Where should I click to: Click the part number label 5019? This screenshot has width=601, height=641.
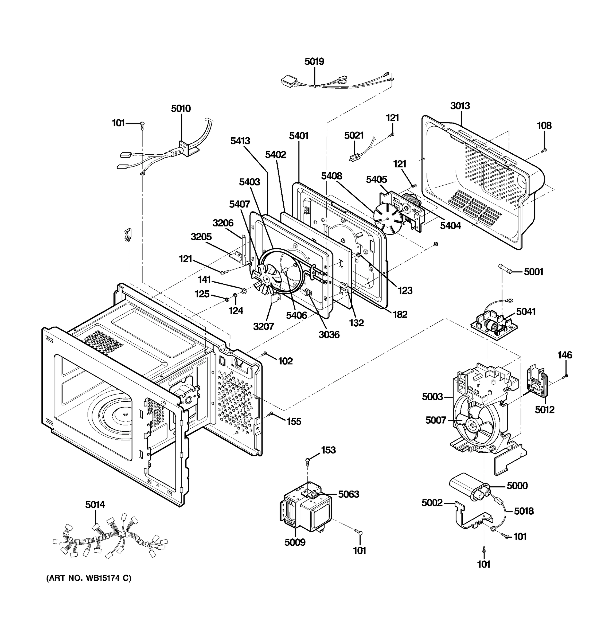(x=314, y=61)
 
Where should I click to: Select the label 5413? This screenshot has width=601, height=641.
(x=240, y=141)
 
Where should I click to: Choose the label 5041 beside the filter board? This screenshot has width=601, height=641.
(x=526, y=311)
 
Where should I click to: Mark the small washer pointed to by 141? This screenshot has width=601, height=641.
(x=243, y=291)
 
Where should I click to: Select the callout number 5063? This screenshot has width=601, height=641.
(x=349, y=494)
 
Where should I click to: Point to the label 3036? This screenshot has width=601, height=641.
(x=329, y=335)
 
